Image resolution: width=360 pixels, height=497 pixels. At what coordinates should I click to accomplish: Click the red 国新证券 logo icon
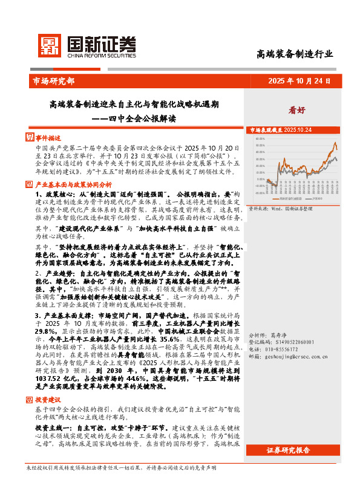(50, 45)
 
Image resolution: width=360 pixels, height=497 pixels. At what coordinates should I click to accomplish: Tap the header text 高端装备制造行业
(295, 54)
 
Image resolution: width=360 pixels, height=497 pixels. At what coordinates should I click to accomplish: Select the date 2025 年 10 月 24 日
(299, 80)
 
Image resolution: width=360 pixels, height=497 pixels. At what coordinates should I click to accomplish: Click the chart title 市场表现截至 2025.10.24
(281, 130)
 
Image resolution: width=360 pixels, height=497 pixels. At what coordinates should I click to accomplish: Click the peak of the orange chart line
(335, 143)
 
